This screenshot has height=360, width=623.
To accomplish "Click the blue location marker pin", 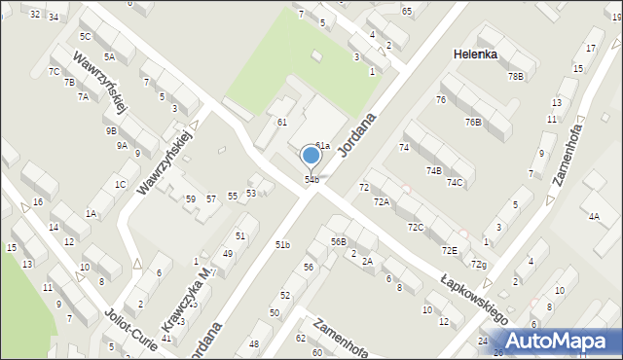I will pyautogui.click(x=311, y=156).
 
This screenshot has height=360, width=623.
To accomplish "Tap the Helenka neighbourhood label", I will pyautogui.click(x=475, y=54).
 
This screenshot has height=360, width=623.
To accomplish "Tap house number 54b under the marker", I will pyautogui.click(x=311, y=179).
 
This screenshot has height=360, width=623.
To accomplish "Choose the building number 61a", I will pyautogui.click(x=322, y=145).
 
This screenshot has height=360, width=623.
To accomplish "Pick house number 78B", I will pyautogui.click(x=515, y=76).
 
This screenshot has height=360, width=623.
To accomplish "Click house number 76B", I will pyautogui.click(x=473, y=122).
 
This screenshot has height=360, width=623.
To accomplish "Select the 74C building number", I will pyautogui.click(x=455, y=182).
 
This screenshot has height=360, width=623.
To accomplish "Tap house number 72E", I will pyautogui.click(x=449, y=250).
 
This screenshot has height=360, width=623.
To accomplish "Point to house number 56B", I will pyautogui.click(x=338, y=241).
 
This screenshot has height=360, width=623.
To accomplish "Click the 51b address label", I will pyautogui.click(x=282, y=244).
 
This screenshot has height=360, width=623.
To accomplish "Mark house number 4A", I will pyautogui.click(x=594, y=216).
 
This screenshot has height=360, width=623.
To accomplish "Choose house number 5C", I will pyautogui.click(x=86, y=36).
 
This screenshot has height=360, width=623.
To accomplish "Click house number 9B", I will pyautogui.click(x=111, y=130).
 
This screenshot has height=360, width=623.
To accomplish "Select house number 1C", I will pyautogui.click(x=120, y=184).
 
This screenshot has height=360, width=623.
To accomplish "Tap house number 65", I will pyautogui.click(x=407, y=11).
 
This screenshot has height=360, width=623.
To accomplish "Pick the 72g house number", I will pyautogui.click(x=478, y=265).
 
